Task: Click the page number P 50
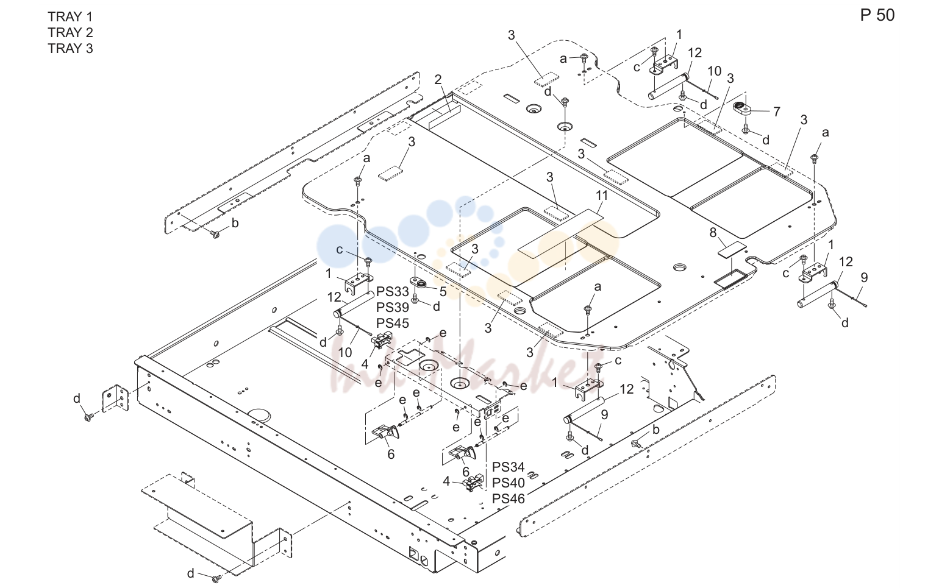pos(877,15)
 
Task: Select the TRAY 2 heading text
pos(70,32)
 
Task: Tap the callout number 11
pos(602,196)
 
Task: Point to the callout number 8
pos(713,232)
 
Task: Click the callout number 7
pos(776,112)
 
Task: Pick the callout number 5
pos(443,291)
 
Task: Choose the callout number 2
pos(438,80)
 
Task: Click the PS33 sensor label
pos(393,291)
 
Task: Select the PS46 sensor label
pos(509,499)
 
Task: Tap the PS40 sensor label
pos(509,483)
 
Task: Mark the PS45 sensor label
pos(393,324)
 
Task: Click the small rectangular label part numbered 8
pos(732,249)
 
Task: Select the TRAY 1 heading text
pos(70,16)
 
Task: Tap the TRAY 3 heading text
pos(70,49)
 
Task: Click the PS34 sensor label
pos(509,467)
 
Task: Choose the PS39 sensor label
pos(393,307)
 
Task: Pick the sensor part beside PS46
pos(473,482)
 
